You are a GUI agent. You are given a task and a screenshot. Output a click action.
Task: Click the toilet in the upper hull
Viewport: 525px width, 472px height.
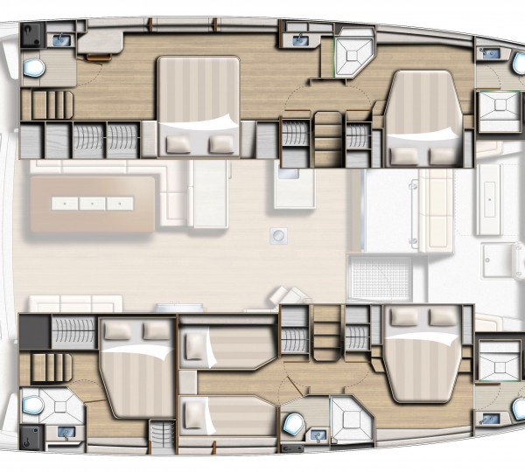point(35,67)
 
